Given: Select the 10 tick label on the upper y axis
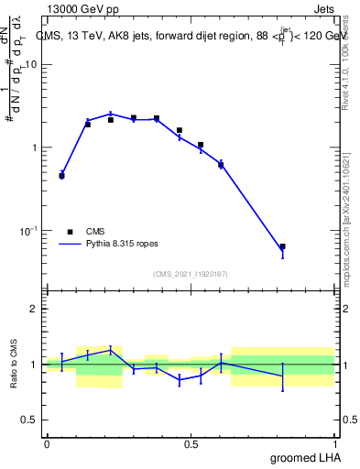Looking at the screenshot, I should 31,65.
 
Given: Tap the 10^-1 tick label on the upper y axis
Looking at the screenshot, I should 29,230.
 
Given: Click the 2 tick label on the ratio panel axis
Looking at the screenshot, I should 34,309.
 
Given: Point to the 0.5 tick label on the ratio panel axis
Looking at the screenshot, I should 30,420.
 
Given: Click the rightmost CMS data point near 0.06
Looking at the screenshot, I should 282,246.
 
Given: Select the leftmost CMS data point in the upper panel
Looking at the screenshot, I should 61,175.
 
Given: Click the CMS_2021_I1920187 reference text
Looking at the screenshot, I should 190,273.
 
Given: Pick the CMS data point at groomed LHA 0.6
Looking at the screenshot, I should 221,165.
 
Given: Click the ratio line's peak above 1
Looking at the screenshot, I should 111,348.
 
